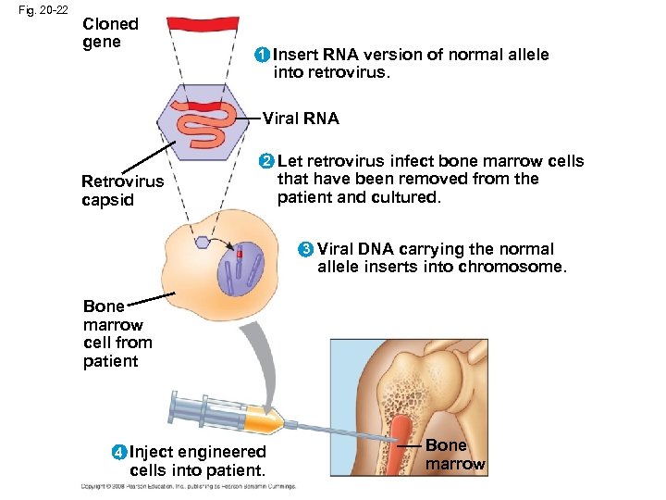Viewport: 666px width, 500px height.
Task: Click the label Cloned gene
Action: tap(110, 33)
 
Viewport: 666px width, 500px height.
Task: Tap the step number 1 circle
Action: tap(263, 56)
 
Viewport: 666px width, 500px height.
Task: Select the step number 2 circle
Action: tap(266, 162)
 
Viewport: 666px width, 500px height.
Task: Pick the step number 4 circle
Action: tap(119, 453)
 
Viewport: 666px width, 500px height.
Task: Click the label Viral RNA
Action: tap(301, 119)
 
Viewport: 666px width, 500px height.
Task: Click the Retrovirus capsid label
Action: tap(120, 191)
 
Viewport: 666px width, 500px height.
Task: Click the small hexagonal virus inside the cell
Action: tap(202, 243)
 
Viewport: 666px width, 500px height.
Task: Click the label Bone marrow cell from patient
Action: tap(117, 333)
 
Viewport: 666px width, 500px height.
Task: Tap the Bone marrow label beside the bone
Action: tap(454, 456)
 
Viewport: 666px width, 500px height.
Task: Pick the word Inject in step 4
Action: tap(154, 452)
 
